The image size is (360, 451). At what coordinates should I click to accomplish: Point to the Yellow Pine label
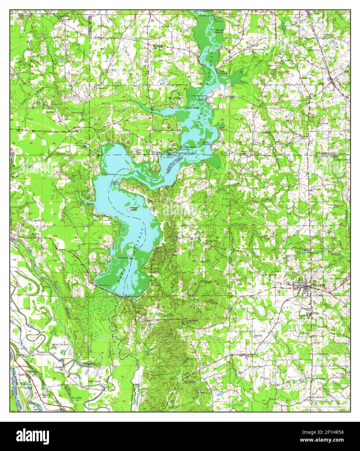click(258, 50)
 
